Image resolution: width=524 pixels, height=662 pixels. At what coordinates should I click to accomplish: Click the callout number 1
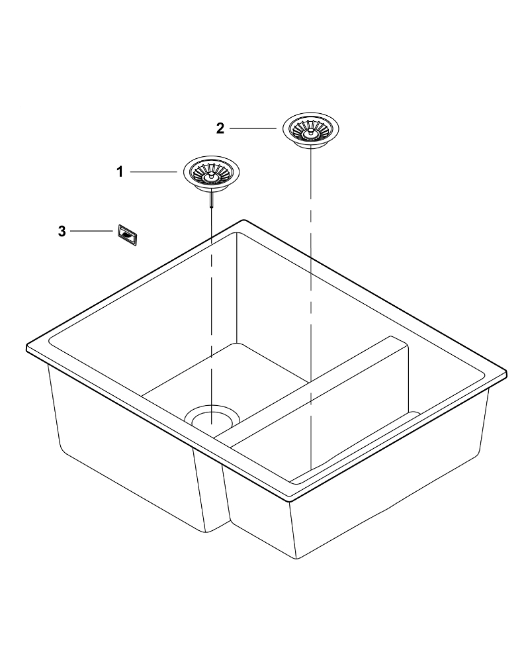[x=120, y=172]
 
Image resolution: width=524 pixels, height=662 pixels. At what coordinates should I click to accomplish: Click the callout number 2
[x=220, y=128]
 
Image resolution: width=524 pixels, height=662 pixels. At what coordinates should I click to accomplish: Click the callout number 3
[x=62, y=231]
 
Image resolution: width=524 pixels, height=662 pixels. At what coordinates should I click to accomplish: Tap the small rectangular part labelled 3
[x=127, y=234]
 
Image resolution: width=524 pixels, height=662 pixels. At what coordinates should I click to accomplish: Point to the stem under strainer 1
[x=210, y=199]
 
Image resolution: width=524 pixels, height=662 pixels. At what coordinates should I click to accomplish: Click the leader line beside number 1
[x=153, y=172]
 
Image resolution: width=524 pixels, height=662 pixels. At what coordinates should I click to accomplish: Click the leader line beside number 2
[x=253, y=128]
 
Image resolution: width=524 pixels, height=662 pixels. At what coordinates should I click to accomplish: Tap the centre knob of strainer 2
[x=310, y=132]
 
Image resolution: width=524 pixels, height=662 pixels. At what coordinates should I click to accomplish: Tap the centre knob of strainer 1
[x=210, y=177]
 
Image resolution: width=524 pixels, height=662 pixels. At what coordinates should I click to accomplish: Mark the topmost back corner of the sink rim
[x=243, y=220]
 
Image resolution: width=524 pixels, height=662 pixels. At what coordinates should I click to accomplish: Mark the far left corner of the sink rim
[x=27, y=348]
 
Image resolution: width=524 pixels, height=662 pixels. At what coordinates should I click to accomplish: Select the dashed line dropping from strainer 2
[x=310, y=309]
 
